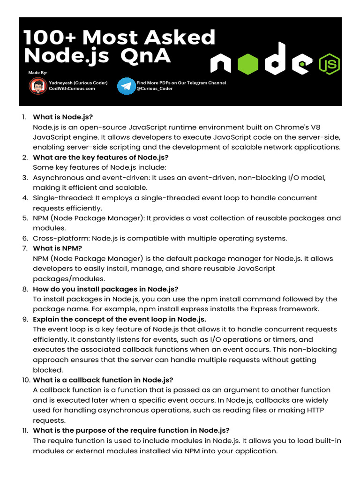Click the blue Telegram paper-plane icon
(126, 86)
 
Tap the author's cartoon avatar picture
(37, 86)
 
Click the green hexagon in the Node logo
(247, 64)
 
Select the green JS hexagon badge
(329, 64)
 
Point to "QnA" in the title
(145, 56)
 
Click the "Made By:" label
(38, 73)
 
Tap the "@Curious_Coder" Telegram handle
(154, 89)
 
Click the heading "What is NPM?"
(58, 248)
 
